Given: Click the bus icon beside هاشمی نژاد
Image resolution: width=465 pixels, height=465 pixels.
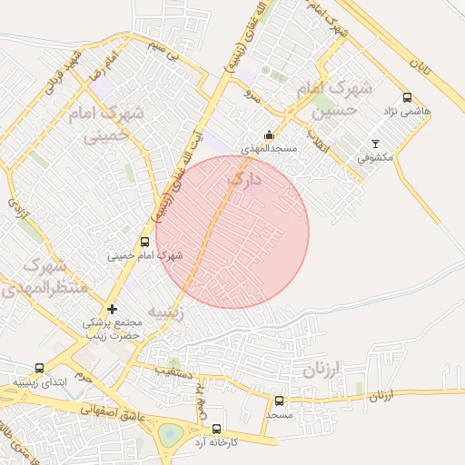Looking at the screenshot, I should click(x=406, y=97).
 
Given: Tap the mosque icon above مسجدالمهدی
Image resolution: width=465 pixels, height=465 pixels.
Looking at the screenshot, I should click(x=268, y=135).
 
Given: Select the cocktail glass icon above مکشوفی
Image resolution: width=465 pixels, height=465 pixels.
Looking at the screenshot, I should click(x=376, y=143).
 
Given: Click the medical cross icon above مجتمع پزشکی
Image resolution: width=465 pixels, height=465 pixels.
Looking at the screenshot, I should click(x=112, y=310).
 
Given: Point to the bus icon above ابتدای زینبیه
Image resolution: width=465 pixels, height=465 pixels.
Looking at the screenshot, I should click(x=39, y=369).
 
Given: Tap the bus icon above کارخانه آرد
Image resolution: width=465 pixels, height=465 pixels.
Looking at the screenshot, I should click(x=216, y=429).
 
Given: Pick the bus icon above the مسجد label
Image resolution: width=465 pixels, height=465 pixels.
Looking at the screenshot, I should click(x=279, y=401).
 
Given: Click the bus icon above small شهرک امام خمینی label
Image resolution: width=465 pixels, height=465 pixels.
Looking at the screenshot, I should click(x=144, y=242).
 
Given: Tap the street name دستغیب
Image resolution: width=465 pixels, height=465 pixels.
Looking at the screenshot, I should click(x=173, y=371).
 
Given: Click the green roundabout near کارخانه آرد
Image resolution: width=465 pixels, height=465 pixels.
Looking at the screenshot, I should click(x=169, y=435).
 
